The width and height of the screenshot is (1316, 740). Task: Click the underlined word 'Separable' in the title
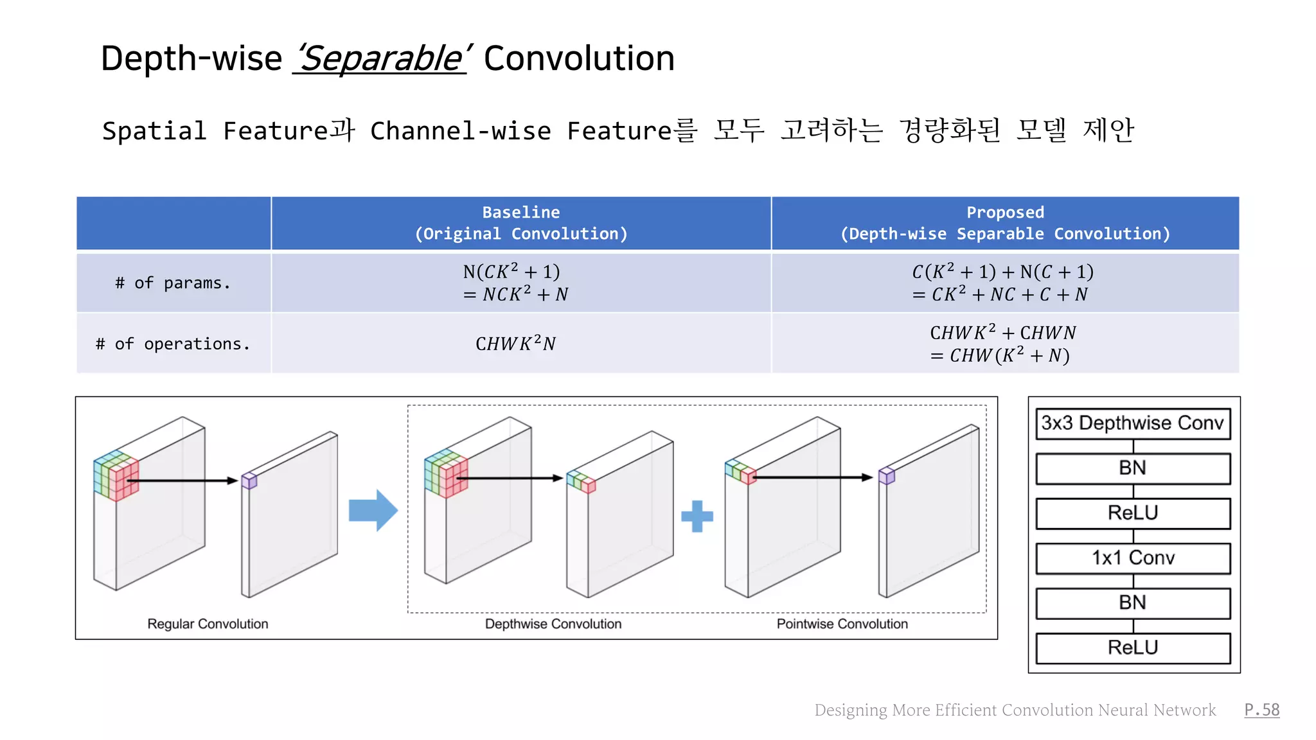[x=380, y=59]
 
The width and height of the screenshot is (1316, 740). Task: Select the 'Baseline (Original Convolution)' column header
[x=520, y=223]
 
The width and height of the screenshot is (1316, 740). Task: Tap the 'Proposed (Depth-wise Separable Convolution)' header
[x=1005, y=223]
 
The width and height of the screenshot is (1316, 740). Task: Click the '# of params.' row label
[x=173, y=283]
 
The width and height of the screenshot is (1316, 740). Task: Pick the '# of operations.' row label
[x=173, y=344]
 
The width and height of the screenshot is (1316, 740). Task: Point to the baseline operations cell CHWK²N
[x=515, y=344]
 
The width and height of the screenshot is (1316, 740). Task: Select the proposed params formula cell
[x=1002, y=283]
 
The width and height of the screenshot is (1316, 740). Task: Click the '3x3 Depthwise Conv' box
[x=1132, y=423]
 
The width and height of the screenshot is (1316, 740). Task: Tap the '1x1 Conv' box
[x=1132, y=558]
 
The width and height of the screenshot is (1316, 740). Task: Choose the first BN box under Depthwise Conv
[x=1132, y=468]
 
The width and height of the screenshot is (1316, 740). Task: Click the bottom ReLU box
[x=1132, y=647]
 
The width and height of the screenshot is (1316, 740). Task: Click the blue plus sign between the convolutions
[x=697, y=516]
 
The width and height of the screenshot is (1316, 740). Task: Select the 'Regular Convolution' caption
[x=208, y=624]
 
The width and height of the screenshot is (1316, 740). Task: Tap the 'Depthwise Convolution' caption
[x=553, y=624]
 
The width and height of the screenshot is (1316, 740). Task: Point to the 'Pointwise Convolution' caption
[x=842, y=624]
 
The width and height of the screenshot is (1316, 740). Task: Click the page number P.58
[x=1261, y=710]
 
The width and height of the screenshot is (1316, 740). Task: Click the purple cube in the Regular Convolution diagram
[x=249, y=480]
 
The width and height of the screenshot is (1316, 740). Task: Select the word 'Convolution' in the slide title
[x=579, y=59]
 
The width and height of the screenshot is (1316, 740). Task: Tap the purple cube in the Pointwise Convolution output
[x=887, y=476]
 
